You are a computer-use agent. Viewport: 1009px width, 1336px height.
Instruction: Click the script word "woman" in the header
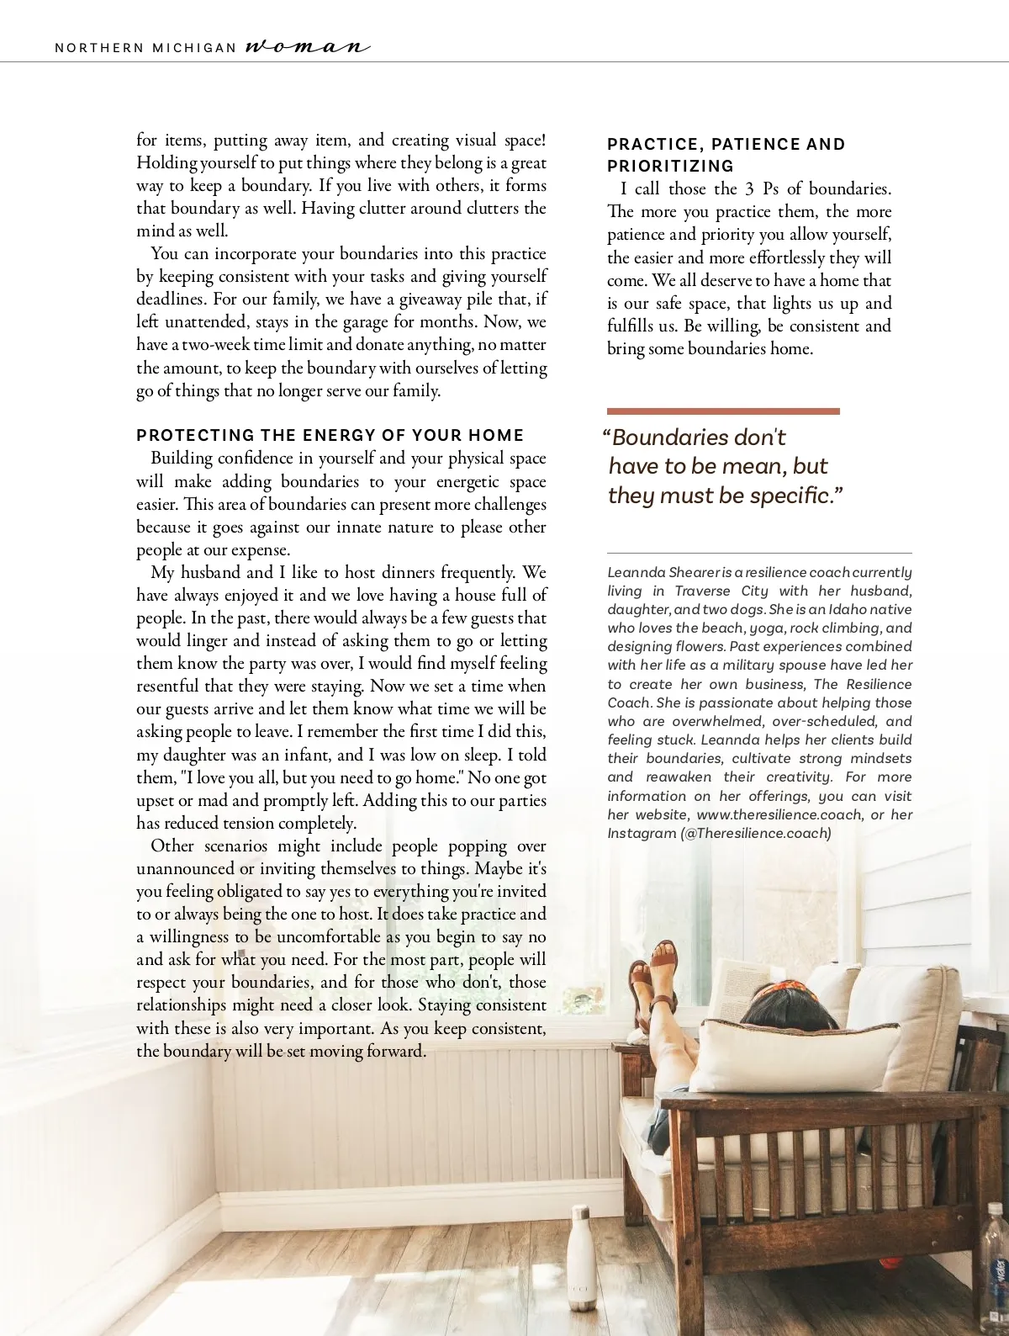click(x=307, y=46)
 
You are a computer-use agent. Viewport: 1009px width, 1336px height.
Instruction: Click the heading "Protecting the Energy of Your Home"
click(x=330, y=435)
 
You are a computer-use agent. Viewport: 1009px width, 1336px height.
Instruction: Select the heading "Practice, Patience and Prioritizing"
click(x=726, y=155)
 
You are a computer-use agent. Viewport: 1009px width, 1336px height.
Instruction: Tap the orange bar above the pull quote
click(x=723, y=411)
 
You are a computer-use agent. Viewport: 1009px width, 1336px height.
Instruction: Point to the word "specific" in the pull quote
click(x=790, y=496)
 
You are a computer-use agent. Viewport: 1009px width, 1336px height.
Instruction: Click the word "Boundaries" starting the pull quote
click(x=669, y=437)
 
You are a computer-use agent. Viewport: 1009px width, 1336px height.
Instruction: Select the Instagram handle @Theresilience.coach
click(x=756, y=833)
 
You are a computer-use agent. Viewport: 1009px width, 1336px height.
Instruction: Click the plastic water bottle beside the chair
click(x=996, y=1262)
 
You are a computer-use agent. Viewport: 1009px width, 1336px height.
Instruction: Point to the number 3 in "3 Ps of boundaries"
click(x=749, y=188)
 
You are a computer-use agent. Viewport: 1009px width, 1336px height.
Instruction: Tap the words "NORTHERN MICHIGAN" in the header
click(x=145, y=48)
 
